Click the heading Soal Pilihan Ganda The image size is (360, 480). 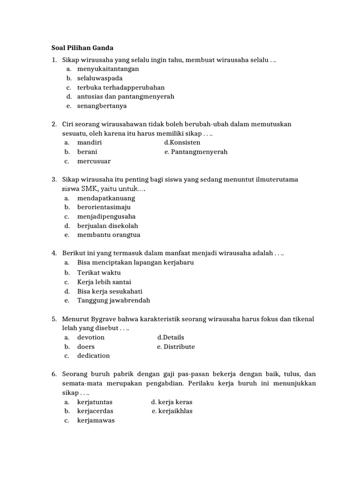82,48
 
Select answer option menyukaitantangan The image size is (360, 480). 108,69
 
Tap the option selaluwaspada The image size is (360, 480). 100,78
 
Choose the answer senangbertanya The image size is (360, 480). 102,106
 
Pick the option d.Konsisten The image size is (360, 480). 182,142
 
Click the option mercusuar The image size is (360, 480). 94,161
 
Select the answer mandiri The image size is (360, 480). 90,142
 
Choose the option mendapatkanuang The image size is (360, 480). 106,198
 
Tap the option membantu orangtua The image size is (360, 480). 109,235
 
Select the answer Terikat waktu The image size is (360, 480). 99,272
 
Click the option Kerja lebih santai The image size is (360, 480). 104,282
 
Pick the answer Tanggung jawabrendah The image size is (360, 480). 113,300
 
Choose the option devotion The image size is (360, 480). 91,337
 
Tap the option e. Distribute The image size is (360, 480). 176,347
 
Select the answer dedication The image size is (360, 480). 94,356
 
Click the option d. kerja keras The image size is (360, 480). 172,402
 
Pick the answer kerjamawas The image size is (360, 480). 96,420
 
